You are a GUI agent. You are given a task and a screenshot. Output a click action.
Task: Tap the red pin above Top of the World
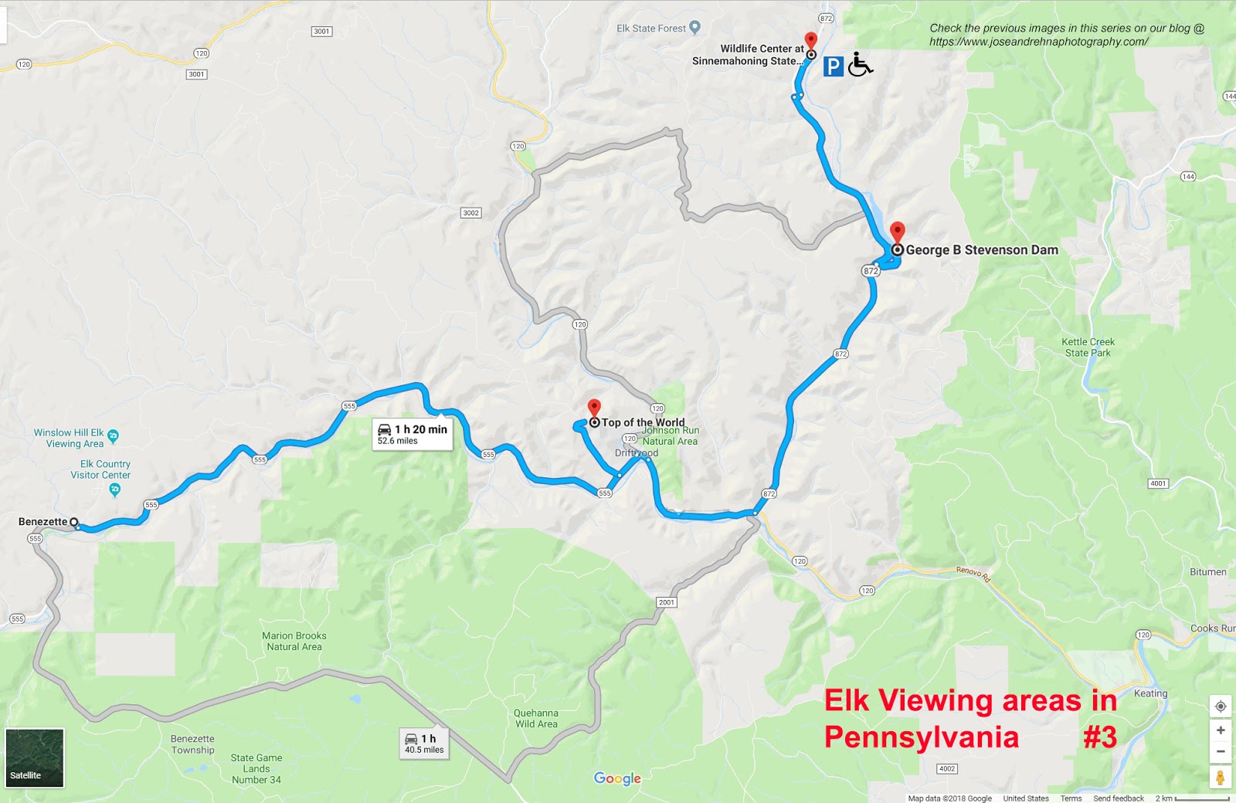click(x=593, y=408)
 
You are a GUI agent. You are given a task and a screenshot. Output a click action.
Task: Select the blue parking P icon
click(x=832, y=66)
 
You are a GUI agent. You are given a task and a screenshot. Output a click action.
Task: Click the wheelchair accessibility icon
click(x=860, y=64)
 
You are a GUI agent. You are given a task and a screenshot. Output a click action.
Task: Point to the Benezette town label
click(x=42, y=522)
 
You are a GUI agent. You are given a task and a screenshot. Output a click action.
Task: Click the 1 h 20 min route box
click(x=412, y=434)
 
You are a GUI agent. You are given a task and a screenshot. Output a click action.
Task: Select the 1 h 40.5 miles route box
click(x=424, y=744)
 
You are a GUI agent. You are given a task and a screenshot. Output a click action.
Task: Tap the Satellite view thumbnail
click(x=34, y=757)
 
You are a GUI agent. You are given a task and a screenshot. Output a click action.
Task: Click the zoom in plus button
click(x=1221, y=730)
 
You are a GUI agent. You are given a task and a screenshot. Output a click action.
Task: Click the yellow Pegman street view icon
click(x=1221, y=777)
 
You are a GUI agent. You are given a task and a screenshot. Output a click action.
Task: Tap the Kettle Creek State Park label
click(x=1088, y=347)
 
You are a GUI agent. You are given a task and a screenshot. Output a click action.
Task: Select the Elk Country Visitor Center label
click(x=100, y=469)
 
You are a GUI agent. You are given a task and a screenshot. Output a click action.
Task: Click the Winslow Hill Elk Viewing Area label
click(x=69, y=438)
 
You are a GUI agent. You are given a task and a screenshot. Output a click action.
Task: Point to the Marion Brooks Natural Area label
click(x=294, y=641)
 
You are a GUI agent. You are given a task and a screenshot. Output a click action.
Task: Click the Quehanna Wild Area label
click(x=535, y=718)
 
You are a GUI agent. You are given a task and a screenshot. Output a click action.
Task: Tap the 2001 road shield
click(x=666, y=602)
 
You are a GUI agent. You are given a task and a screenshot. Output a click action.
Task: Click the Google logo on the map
click(x=617, y=778)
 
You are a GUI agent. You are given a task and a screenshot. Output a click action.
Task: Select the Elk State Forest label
click(x=651, y=29)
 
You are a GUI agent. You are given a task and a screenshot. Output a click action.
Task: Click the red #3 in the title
click(x=1099, y=737)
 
